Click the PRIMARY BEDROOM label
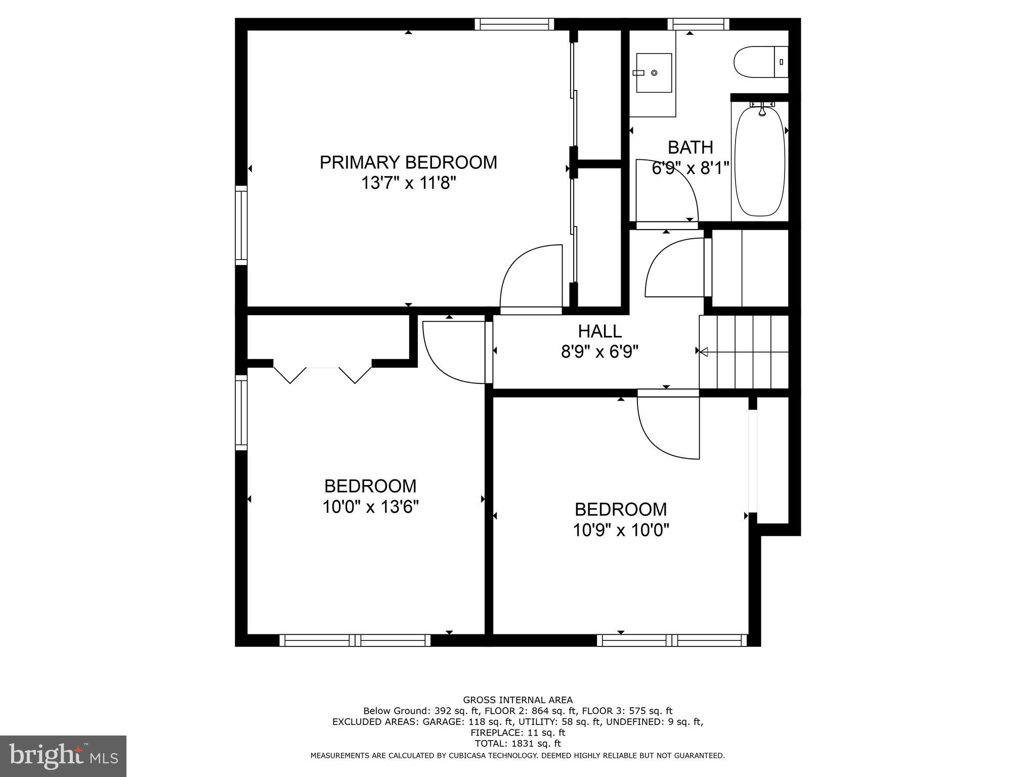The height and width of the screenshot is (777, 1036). tap(408, 162)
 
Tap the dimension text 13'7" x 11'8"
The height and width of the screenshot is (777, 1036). tap(408, 183)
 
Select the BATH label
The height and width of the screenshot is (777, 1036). tap(690, 147)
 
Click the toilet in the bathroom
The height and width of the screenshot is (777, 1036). tap(760, 62)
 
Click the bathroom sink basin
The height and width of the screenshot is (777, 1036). tap(654, 73)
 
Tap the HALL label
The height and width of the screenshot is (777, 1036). tap(599, 331)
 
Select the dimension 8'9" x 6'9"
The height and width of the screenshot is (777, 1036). tap(599, 352)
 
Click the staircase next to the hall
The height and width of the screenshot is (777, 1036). tap(744, 352)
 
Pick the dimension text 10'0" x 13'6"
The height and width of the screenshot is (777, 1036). tap(370, 506)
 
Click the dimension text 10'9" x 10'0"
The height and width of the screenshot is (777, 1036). tap(621, 530)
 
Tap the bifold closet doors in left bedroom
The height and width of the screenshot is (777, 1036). tap(322, 374)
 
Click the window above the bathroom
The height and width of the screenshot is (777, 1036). tap(698, 24)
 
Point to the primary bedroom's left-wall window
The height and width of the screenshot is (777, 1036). tap(241, 225)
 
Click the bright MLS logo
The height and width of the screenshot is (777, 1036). tap(63, 756)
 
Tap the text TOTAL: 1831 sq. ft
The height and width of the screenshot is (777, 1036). tap(517, 744)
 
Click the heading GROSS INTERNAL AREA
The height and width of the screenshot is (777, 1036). tap(517, 700)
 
